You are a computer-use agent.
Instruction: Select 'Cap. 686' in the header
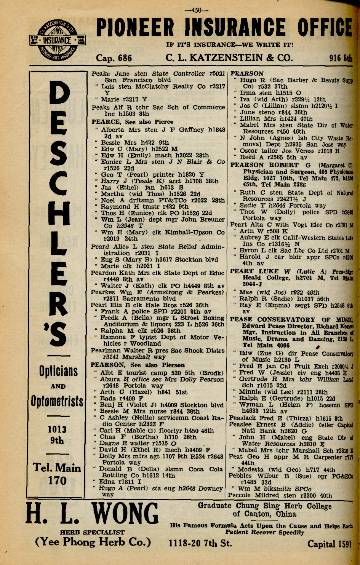pyautogui.click(x=114, y=58)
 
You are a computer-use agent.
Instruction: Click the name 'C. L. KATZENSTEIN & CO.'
pyautogui.click(x=229, y=58)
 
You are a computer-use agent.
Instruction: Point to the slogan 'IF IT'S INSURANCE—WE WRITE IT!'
pyautogui.click(x=230, y=45)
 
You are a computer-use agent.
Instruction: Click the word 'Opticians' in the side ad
pyautogui.click(x=58, y=371)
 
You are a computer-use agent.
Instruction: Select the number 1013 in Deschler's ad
pyautogui.click(x=57, y=429)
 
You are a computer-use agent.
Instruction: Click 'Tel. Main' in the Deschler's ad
pyautogui.click(x=57, y=468)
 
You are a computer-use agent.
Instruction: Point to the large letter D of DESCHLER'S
pyautogui.click(x=58, y=99)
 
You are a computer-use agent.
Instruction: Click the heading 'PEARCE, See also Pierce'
pyautogui.click(x=132, y=122)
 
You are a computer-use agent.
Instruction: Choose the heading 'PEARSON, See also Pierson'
pyautogui.click(x=138, y=365)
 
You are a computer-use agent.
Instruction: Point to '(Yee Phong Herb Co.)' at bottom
pyautogui.click(x=93, y=542)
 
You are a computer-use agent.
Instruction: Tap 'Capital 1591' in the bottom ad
pyautogui.click(x=330, y=544)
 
